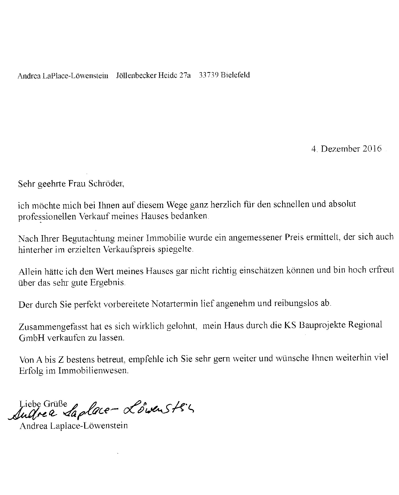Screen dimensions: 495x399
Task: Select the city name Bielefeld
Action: [235, 75]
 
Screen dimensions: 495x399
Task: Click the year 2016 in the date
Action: [372, 149]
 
